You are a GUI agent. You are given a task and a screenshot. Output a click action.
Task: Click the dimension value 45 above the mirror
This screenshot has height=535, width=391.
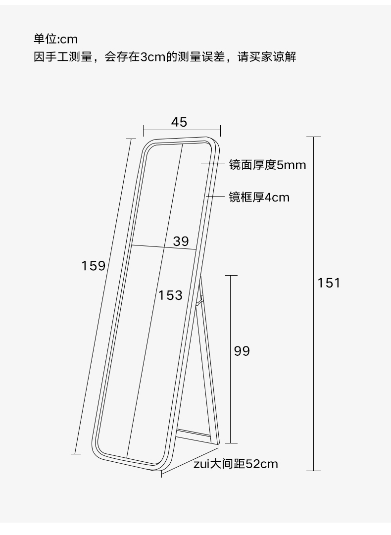click(x=179, y=122)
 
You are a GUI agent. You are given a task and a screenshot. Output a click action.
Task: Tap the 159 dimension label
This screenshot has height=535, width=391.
click(x=94, y=266)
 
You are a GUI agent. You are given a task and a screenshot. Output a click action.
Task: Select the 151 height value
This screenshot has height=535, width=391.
click(x=329, y=283)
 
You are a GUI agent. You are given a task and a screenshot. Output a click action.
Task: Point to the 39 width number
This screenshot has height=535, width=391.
click(x=181, y=241)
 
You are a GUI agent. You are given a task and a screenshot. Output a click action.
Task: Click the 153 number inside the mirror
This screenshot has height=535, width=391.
click(x=170, y=295)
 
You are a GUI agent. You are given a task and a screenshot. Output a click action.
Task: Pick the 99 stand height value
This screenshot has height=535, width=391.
click(x=242, y=351)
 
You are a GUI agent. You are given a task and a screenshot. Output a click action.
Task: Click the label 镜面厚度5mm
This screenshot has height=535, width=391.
click(x=267, y=165)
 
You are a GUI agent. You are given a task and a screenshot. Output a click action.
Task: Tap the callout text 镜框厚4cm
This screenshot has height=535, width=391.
click(x=259, y=197)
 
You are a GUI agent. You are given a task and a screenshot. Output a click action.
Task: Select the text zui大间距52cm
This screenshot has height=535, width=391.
click(x=236, y=464)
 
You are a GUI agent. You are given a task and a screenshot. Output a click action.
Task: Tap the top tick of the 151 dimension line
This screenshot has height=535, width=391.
click(x=313, y=137)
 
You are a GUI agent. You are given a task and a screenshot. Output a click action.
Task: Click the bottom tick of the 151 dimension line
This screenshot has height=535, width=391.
click(x=313, y=470)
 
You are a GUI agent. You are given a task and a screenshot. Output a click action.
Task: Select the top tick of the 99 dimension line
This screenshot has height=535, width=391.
click(x=231, y=275)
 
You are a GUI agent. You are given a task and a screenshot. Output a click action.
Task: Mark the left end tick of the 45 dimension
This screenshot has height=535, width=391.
click(x=143, y=131)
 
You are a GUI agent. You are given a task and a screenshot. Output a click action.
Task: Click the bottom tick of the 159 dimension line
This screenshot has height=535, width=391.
click(x=75, y=453)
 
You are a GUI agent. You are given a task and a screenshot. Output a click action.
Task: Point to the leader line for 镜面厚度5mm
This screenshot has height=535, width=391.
click(x=213, y=163)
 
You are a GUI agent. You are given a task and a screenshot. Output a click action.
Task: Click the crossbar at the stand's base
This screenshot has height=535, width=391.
click(x=196, y=434)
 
